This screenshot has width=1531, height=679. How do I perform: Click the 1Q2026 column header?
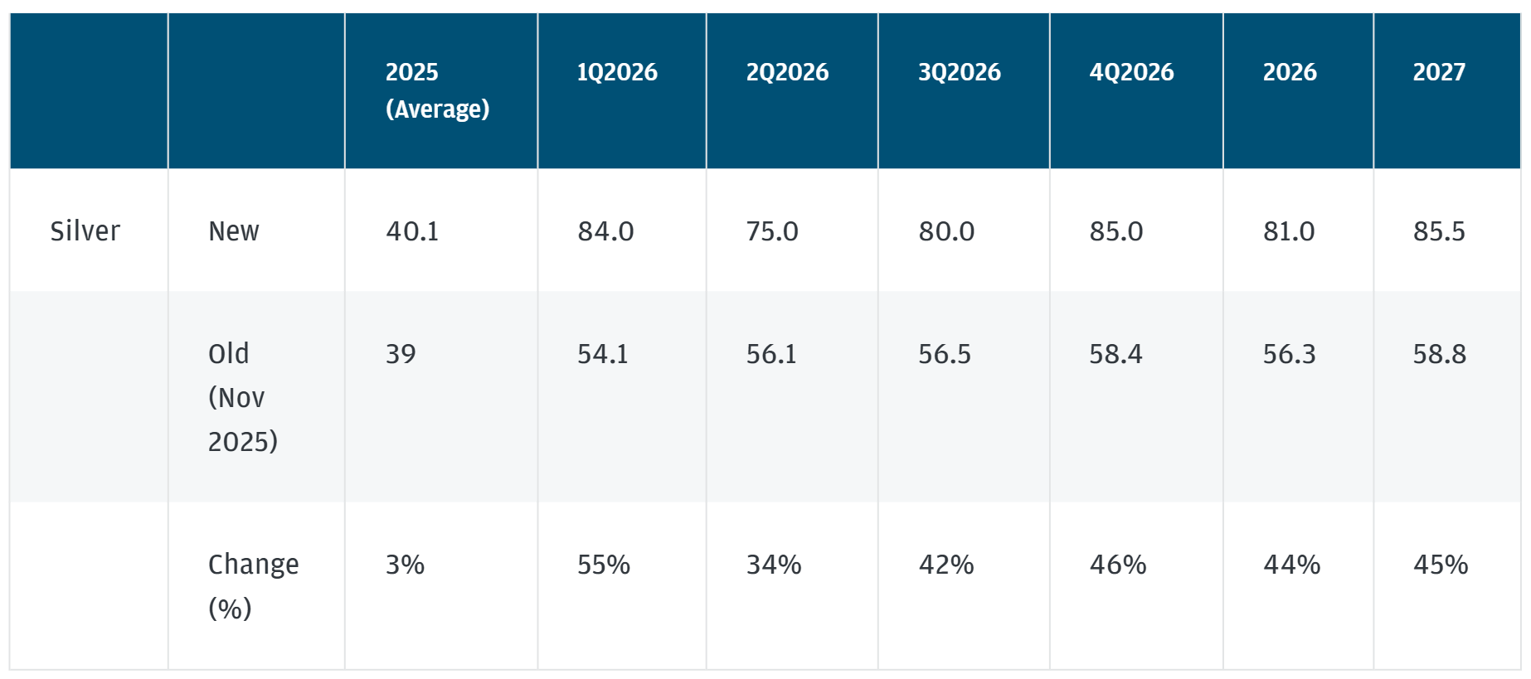pos(617,72)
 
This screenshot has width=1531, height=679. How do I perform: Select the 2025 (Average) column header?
pos(437,90)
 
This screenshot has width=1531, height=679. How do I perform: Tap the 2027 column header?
pos(1439,72)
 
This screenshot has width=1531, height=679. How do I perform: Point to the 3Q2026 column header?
pos(959,72)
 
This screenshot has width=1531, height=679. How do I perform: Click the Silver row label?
pos(85,230)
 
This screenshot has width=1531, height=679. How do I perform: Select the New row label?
pos(234,230)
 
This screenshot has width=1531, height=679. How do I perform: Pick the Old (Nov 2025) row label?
pos(242,397)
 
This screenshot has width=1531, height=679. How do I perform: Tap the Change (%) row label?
pos(253,585)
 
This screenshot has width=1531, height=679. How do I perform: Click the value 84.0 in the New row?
pos(605,231)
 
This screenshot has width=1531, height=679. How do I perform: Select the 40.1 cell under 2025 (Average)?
pos(412,231)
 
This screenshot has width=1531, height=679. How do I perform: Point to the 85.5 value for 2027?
pos(1439,231)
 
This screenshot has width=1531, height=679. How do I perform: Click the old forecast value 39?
pos(401,354)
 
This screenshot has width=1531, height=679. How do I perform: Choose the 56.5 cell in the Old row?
pos(944,354)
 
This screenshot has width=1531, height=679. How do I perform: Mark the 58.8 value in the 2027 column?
pos(1439,354)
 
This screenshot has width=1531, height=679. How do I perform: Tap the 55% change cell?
pos(604,565)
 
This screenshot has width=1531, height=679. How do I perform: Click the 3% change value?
pos(405,565)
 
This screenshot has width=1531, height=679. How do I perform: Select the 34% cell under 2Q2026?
pos(774,565)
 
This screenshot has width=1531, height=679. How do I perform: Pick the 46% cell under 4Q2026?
pos(1117,565)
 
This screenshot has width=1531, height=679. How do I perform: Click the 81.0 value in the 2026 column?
pos(1289,231)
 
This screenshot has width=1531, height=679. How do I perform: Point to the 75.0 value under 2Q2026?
pos(772,231)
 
